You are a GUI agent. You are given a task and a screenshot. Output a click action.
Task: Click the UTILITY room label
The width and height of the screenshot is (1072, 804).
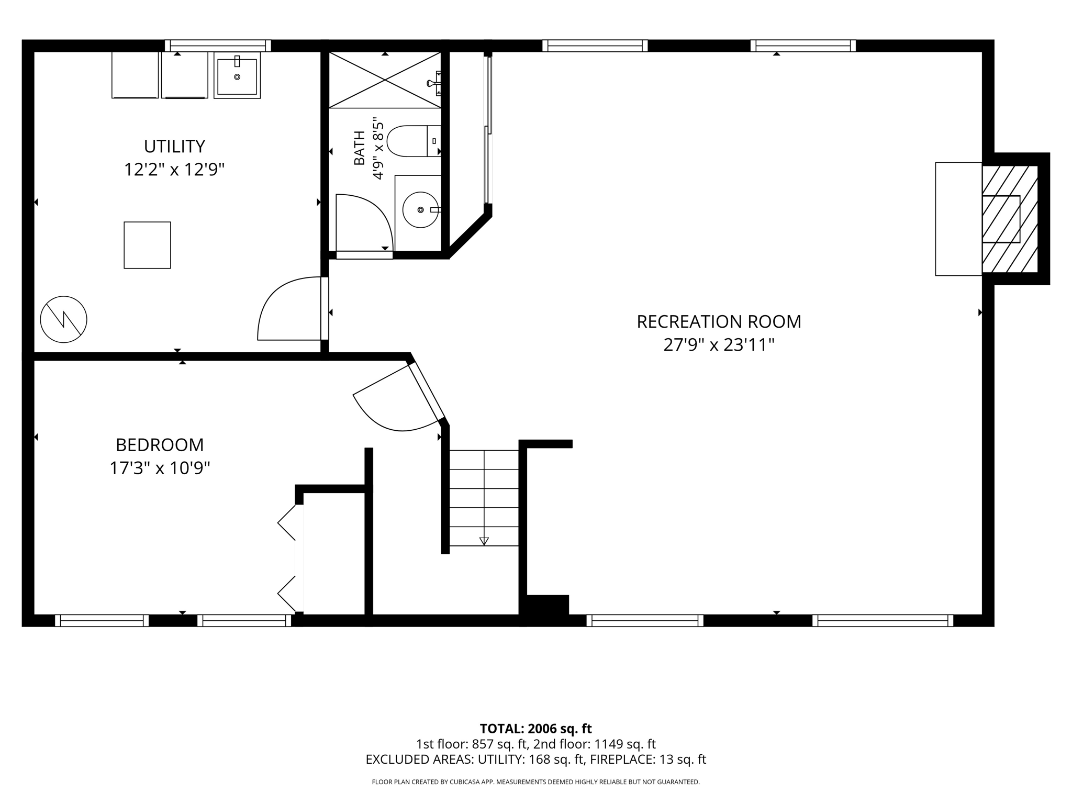tap(174, 146)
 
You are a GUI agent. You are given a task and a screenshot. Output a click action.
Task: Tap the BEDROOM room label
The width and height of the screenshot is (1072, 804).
tap(160, 445)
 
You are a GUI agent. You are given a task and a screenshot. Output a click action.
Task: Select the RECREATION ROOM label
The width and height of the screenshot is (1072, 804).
tap(719, 321)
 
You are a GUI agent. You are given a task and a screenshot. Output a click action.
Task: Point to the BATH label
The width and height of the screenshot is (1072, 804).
tap(359, 148)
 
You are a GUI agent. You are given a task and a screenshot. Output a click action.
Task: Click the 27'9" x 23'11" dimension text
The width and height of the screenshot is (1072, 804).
tap(719, 345)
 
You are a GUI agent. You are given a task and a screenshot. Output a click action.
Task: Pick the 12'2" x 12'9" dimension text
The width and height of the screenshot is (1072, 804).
tap(174, 170)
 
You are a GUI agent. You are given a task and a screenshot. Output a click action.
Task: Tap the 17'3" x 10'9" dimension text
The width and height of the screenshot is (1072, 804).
tap(160, 468)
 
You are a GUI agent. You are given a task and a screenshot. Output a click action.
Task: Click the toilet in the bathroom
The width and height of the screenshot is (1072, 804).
tap(414, 141)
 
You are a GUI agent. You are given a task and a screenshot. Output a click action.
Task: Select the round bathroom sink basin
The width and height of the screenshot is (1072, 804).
tap(420, 210)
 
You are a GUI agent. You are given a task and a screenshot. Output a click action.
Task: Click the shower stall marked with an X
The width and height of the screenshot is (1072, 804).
tap(385, 80)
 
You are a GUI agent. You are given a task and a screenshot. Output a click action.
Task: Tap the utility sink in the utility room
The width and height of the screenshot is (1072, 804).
tap(237, 75)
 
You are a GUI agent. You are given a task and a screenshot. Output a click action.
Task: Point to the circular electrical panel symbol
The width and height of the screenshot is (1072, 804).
tap(64, 319)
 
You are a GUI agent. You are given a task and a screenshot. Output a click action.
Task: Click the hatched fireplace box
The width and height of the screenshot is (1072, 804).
tap(1010, 219)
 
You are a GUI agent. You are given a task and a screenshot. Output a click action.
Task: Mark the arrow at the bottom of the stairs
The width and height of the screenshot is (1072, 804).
tap(484, 541)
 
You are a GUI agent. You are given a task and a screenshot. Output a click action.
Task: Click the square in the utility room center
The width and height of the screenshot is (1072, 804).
tap(147, 245)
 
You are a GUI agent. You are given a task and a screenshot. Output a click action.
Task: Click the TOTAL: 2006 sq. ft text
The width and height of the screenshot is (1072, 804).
tap(535, 729)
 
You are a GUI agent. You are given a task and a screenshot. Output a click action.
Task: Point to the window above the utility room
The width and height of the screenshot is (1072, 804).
tap(218, 46)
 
